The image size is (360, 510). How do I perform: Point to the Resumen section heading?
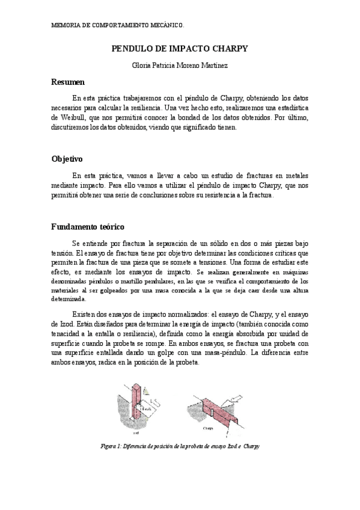pyautogui.click(x=67, y=82)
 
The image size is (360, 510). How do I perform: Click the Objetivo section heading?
pyautogui.click(x=67, y=159)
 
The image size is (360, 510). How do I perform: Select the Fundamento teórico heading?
pyautogui.click(x=87, y=227)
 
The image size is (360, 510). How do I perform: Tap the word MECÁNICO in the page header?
pyautogui.click(x=166, y=27)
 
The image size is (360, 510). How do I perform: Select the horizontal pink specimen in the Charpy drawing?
pyautogui.click(x=215, y=410)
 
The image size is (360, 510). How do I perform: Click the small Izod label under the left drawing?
pyautogui.click(x=135, y=432)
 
